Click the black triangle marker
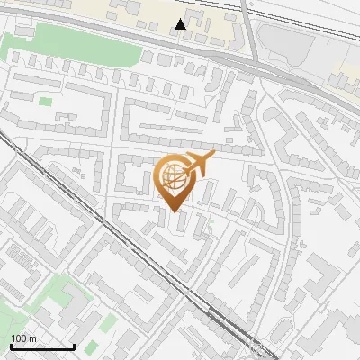(182, 24)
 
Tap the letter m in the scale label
(33, 338)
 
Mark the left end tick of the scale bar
(11, 346)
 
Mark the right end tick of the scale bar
(74, 346)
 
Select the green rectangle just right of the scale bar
(92, 346)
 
